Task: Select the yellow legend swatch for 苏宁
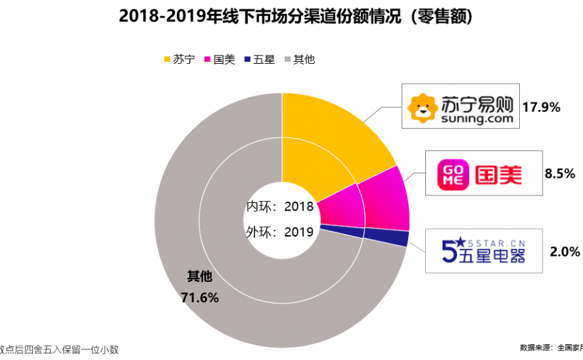167,60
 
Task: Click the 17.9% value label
541,107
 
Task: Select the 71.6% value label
200,297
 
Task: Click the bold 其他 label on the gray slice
200,276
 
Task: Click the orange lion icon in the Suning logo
420,107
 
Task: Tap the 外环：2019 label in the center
280,232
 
